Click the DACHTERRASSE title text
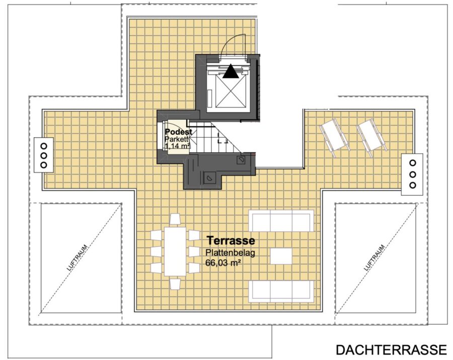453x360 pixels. pyautogui.click(x=391, y=349)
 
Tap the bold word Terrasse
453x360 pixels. pyautogui.click(x=231, y=240)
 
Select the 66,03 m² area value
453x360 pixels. pyautogui.click(x=223, y=263)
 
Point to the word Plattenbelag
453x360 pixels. pyautogui.click(x=230, y=253)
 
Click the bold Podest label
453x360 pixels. pyautogui.click(x=178, y=132)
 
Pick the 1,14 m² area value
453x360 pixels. pyautogui.click(x=177, y=146)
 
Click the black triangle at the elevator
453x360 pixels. pyautogui.click(x=231, y=71)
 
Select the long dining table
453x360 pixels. pyautogui.click(x=175, y=251)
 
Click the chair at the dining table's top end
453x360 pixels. pyautogui.click(x=175, y=219)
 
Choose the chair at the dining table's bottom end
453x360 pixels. pyautogui.click(x=175, y=284)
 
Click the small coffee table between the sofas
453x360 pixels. pyautogui.click(x=281, y=256)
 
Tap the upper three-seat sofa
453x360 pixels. pyautogui.click(x=281, y=221)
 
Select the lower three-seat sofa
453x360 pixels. pyautogui.click(x=281, y=291)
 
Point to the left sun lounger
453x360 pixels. pyautogui.click(x=333, y=137)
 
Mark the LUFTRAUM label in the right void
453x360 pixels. pyautogui.click(x=374, y=258)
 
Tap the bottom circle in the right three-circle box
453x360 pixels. pyautogui.click(x=413, y=185)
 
